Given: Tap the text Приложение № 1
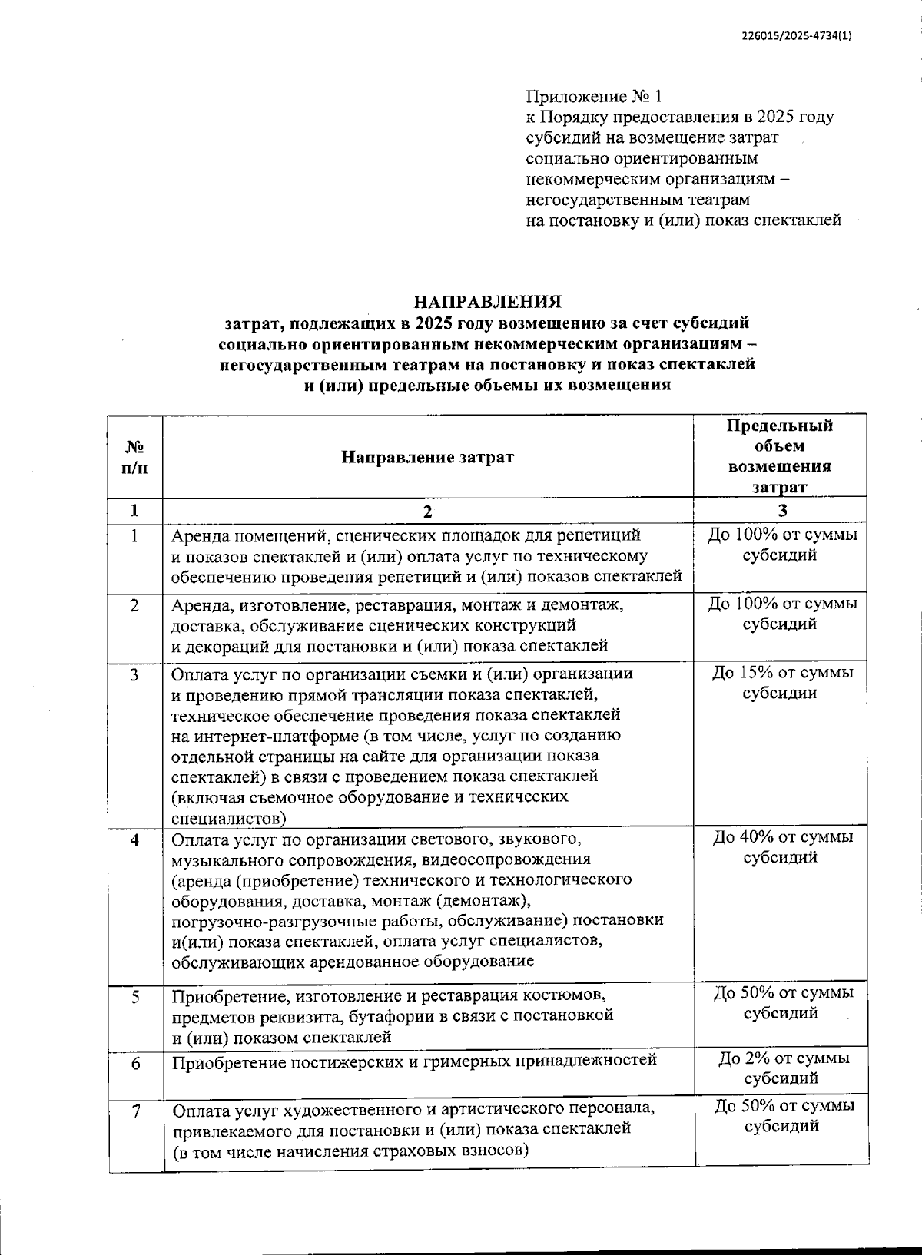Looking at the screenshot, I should click(593, 97).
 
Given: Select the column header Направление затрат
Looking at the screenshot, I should click(428, 458).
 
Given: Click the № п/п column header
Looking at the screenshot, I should click(135, 457).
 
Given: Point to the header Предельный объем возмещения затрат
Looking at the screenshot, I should click(780, 456).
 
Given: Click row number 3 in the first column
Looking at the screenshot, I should click(135, 674).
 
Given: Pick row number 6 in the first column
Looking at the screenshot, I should click(135, 1061).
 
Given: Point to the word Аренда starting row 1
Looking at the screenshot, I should click(201, 535).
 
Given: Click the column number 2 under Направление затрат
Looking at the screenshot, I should click(428, 512).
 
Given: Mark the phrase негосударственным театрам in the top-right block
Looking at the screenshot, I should click(637, 200).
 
